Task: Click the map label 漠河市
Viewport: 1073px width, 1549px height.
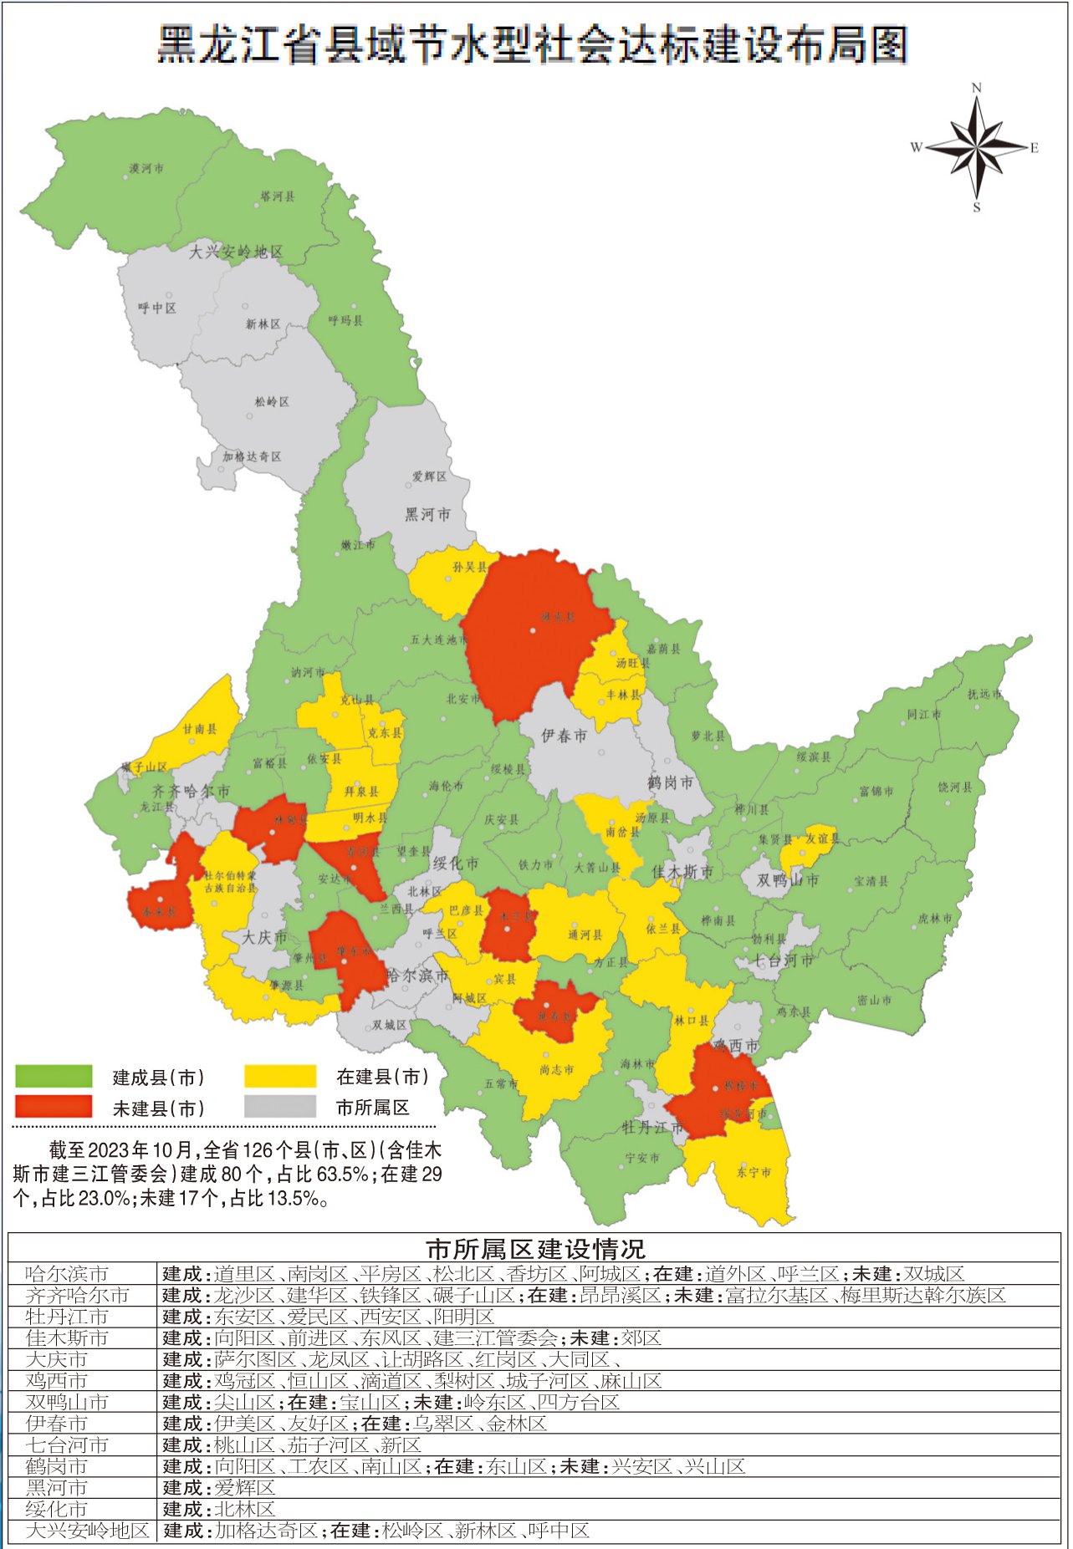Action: point(146,169)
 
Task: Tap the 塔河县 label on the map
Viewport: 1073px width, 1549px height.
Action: point(278,197)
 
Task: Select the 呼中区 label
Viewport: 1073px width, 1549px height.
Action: point(157,308)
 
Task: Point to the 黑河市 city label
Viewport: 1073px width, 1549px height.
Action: point(427,515)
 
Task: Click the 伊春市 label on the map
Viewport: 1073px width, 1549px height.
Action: point(564,736)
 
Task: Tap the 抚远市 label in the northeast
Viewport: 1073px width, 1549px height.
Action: point(984,694)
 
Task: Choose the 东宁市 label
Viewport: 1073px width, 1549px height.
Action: point(754,1172)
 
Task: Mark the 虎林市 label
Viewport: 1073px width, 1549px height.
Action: point(934,918)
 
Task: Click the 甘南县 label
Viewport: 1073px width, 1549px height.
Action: point(199,729)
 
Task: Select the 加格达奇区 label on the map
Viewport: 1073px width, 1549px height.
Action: point(252,456)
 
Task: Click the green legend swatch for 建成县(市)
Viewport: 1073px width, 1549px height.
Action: point(54,1076)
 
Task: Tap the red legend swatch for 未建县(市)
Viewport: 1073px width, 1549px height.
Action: point(54,1107)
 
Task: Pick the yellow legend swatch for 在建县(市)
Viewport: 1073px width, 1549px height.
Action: point(280,1076)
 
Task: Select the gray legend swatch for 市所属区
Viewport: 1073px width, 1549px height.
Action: point(280,1107)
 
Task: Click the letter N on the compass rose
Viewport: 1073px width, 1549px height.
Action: point(976,88)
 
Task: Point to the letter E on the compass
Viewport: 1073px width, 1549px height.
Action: point(1035,148)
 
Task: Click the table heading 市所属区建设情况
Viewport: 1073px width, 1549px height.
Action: point(535,1250)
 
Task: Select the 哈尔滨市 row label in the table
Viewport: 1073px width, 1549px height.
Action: point(67,1274)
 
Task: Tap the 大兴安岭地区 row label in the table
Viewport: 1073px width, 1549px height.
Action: point(87,1531)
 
